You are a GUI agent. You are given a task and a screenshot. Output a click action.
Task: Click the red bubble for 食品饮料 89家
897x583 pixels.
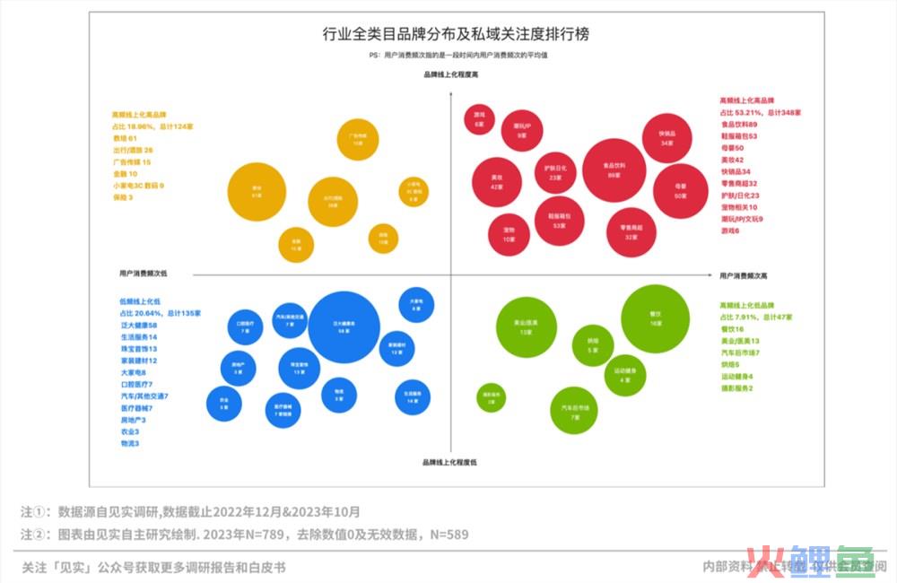coord(614,170)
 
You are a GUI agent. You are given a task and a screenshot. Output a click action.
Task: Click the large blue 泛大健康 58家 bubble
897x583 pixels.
coord(344,326)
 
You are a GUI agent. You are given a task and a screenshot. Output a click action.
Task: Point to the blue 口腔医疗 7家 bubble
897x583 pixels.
coord(245,327)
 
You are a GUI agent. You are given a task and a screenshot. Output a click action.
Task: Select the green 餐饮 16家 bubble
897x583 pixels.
coord(655,319)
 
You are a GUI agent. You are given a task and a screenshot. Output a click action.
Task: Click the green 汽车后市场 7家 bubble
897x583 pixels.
coord(573,410)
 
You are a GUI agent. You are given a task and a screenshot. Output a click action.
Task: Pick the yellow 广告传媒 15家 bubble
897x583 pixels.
coord(357,139)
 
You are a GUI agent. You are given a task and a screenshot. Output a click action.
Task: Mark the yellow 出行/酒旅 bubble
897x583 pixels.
coord(333,201)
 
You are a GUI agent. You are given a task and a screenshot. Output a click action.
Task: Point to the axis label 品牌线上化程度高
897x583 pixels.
coord(450,75)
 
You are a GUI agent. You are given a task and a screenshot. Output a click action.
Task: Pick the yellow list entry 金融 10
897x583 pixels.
coord(125,173)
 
